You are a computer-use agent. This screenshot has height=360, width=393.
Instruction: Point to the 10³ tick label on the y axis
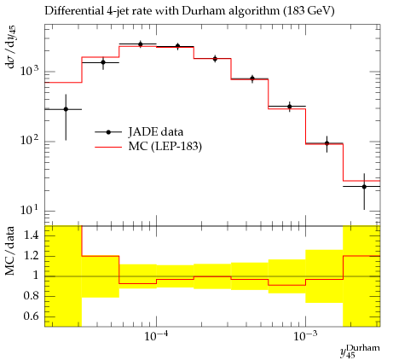click(x=30, y=70)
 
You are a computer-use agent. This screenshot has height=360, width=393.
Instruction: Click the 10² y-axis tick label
click(x=30, y=140)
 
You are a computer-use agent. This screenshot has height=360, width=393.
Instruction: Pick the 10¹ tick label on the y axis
click(x=30, y=209)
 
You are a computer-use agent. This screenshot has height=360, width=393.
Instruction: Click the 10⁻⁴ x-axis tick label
click(x=156, y=337)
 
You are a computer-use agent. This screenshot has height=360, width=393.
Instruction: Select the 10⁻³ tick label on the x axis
click(x=305, y=337)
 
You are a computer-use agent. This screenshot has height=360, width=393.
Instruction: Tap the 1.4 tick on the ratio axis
click(x=32, y=235)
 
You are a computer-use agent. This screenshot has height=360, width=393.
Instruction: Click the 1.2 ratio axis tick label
click(x=32, y=255)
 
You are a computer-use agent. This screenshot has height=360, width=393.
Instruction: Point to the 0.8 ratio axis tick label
click(x=32, y=296)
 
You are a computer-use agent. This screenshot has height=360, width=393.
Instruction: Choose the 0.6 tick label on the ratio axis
click(x=32, y=316)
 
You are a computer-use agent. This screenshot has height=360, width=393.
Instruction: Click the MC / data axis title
click(x=10, y=251)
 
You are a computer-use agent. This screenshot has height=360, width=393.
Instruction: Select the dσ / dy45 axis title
click(x=11, y=47)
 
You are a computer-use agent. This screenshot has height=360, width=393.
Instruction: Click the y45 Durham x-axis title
click(x=360, y=351)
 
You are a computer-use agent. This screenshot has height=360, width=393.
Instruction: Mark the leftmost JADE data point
click(x=66, y=109)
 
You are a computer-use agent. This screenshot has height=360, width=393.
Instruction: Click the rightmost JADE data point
click(x=364, y=187)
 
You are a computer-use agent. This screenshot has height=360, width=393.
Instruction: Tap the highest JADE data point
click(x=141, y=44)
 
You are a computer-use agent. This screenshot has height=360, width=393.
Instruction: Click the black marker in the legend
click(x=108, y=132)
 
